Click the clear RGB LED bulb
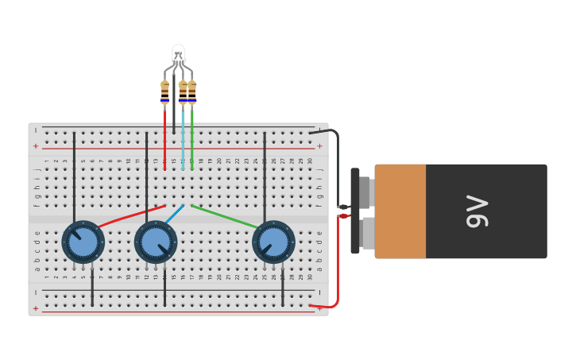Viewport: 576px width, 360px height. pyautogui.click(x=178, y=54)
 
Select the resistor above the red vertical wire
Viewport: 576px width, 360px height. pyautogui.click(x=164, y=91)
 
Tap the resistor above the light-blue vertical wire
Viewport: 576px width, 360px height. pyautogui.click(x=183, y=91)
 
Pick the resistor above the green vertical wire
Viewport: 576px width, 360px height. pyautogui.click(x=192, y=91)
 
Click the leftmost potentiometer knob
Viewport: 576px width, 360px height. pyautogui.click(x=83, y=242)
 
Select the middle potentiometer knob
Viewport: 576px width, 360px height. pyautogui.click(x=156, y=242)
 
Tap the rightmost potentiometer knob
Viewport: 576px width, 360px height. pyautogui.click(x=273, y=242)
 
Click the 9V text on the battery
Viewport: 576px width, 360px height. pyautogui.click(x=477, y=211)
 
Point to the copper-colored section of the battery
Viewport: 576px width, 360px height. pyautogui.click(x=400, y=211)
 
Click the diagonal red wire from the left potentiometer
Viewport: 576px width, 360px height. pyautogui.click(x=131, y=216)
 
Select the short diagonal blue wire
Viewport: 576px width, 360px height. pyautogui.click(x=175, y=214)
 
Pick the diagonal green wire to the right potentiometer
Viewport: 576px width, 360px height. pyautogui.click(x=225, y=216)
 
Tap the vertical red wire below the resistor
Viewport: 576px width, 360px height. pyautogui.click(x=164, y=139)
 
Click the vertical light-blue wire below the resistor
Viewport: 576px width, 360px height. pyautogui.click(x=183, y=139)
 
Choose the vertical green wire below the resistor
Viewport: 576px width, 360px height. pyautogui.click(x=192, y=139)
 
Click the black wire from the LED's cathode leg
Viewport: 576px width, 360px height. pyautogui.click(x=174, y=111)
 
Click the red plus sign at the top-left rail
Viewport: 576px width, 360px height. pyautogui.click(x=35, y=146)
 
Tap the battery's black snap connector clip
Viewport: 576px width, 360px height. pyautogui.click(x=355, y=211)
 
